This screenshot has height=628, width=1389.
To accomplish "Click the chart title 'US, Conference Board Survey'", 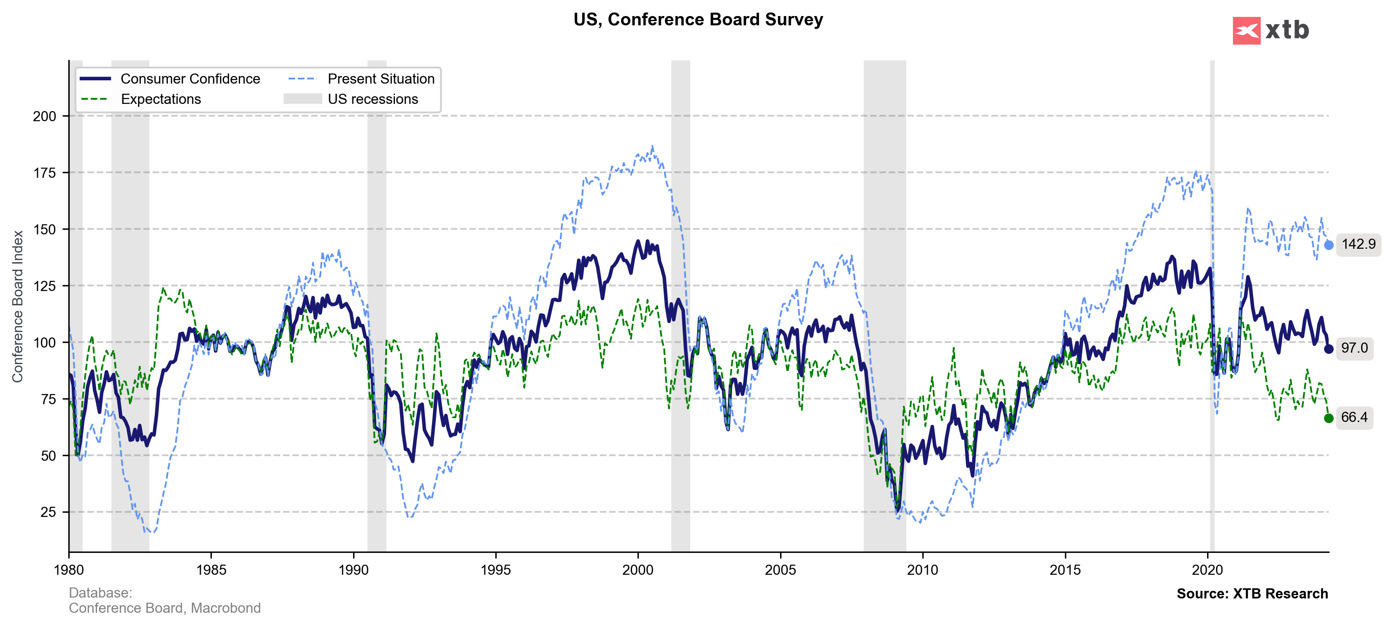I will coord(698,19).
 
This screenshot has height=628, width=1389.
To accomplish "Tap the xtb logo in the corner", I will coord(1270,30).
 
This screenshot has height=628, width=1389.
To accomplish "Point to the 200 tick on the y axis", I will coord(44,116).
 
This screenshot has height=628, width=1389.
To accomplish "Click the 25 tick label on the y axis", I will coord(48,512).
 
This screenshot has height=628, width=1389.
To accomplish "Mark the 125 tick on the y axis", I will coord(44,286).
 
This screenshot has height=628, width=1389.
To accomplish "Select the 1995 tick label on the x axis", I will coord(495,570).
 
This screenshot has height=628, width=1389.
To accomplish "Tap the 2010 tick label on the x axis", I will coord(923,570).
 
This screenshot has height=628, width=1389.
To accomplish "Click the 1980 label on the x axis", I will coord(69,570).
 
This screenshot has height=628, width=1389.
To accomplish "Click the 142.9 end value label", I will coord(1358,245).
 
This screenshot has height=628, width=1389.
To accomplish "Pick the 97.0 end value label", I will coord(1354,348).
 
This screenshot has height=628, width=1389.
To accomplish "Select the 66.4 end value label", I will coord(1354,417).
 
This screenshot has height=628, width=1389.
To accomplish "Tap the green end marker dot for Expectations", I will coord(1329,418).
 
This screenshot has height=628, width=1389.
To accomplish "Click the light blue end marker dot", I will coord(1329,245).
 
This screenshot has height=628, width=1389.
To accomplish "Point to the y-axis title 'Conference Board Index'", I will coord(18,307).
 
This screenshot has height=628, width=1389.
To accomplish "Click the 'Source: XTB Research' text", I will coord(1252,593).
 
